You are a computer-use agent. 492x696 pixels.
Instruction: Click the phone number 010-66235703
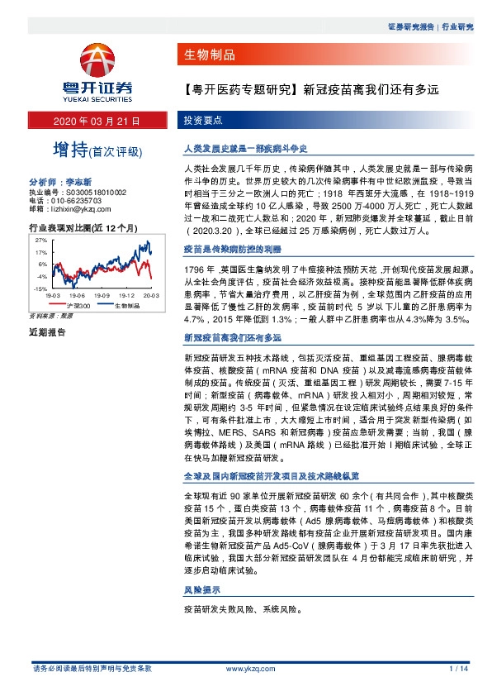click(x=78, y=199)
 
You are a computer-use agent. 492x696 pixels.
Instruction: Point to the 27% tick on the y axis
click(x=40, y=239)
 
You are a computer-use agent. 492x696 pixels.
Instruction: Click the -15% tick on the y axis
click(x=40, y=289)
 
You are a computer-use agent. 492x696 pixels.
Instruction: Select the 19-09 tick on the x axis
click(x=102, y=295)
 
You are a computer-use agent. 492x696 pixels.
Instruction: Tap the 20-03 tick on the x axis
click(x=149, y=295)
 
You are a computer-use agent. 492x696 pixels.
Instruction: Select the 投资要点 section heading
click(x=202, y=121)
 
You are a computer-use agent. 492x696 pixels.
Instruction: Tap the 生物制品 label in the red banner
click(x=207, y=55)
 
